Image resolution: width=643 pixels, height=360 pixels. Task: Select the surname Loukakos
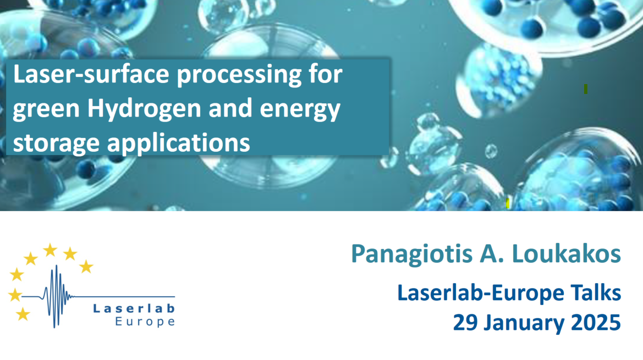[567, 253]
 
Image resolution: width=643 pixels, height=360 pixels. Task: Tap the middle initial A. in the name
[492, 253]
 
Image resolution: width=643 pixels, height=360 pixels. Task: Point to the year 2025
[596, 323]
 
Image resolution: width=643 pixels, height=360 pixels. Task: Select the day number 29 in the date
[465, 323]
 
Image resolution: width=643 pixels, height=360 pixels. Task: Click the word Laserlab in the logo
[134, 308]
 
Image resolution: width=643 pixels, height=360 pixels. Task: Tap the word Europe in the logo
[145, 322]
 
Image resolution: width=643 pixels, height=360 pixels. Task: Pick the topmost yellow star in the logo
[50, 250]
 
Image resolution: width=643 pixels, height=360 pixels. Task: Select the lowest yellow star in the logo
[23, 314]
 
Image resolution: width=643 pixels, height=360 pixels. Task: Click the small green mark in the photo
[586, 89]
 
